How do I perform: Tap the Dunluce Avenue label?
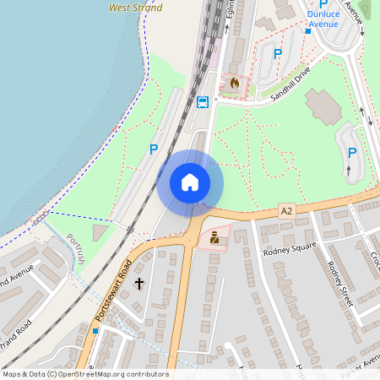click(x=323, y=19)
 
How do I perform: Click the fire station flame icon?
click(x=234, y=84)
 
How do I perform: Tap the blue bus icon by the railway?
click(x=203, y=103)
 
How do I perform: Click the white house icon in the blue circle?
click(x=190, y=182)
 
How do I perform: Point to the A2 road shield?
click(x=287, y=209)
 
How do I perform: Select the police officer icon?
click(x=214, y=238)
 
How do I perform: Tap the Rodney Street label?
click(x=339, y=280)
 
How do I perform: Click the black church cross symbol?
click(x=138, y=284)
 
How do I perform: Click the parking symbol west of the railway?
click(x=153, y=149)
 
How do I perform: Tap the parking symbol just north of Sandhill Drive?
click(x=277, y=54)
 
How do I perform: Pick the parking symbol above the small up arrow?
click(x=352, y=153)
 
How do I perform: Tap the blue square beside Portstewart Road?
click(x=95, y=331)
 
